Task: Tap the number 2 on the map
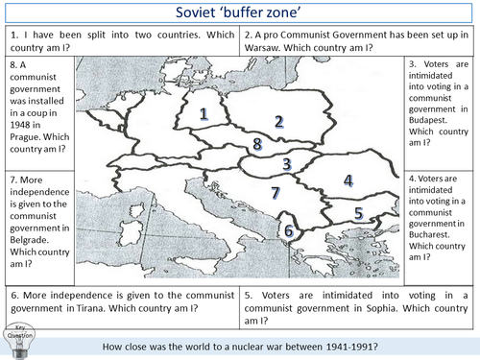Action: (278, 121)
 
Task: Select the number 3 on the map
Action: (286, 164)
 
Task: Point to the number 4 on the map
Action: (348, 180)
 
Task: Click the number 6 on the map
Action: (289, 230)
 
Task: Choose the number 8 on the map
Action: (256, 145)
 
